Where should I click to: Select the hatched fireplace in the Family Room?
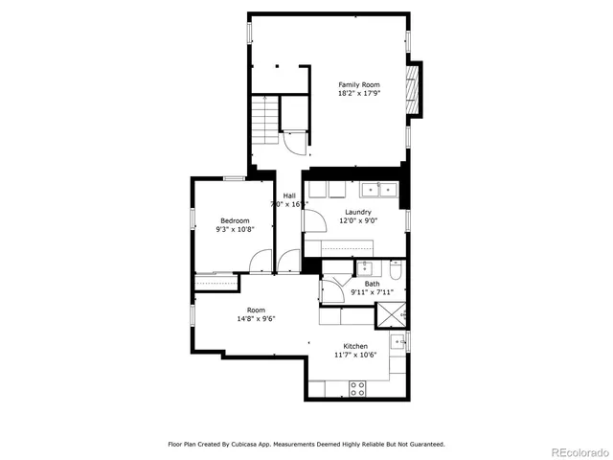(414, 89)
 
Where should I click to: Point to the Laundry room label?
(358, 211)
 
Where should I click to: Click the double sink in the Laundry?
(379, 189)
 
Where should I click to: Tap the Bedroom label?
(235, 220)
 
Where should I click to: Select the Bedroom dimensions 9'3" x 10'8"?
(235, 230)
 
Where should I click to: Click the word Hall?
(288, 195)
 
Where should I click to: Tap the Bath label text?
(372, 283)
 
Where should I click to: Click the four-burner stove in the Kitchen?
(357, 388)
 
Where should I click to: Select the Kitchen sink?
(399, 340)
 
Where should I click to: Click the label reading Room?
(256, 310)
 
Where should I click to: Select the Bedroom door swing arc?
(259, 259)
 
